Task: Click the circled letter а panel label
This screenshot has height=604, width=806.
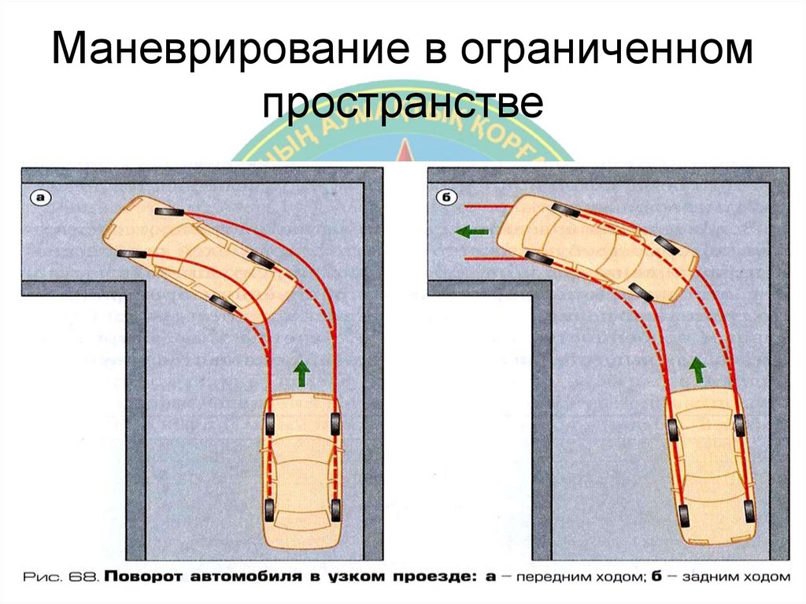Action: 40,198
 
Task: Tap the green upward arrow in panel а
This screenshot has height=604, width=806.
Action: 300,372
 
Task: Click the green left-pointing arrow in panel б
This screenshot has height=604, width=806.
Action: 471,232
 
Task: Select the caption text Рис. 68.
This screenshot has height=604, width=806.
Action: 58,577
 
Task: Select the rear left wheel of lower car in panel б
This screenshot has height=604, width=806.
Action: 682,516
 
